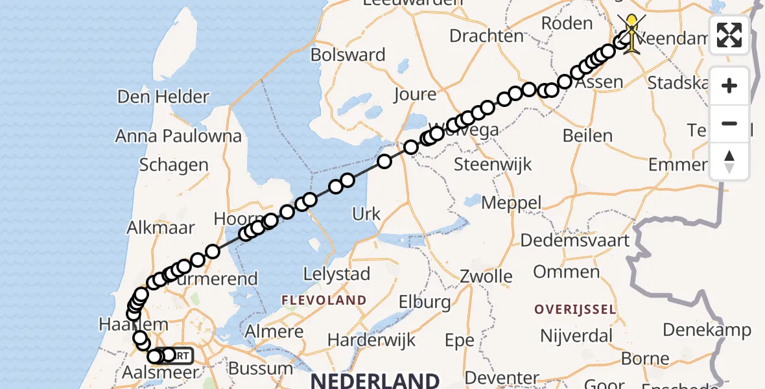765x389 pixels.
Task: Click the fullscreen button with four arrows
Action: (729, 35)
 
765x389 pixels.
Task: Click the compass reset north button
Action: (729, 161)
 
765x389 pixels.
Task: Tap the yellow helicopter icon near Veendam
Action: (631, 32)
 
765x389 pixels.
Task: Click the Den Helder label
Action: (163, 97)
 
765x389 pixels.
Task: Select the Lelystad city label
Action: (336, 274)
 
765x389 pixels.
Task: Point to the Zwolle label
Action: (486, 277)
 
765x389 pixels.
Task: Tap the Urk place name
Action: (366, 214)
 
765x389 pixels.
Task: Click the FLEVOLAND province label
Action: (324, 301)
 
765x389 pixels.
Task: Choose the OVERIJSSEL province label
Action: (574, 309)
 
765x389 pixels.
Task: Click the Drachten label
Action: (486, 36)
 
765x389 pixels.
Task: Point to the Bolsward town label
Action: (348, 54)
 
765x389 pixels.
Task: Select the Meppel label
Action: (512, 203)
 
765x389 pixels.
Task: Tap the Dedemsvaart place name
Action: (574, 241)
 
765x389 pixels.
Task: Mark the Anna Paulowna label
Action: (178, 136)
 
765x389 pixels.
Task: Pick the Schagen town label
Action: (173, 165)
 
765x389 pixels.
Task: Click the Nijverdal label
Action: (576, 336)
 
